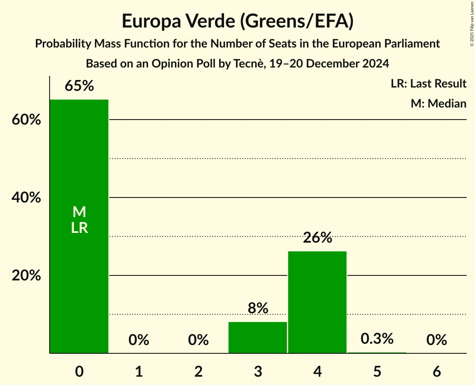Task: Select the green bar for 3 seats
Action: click(x=258, y=337)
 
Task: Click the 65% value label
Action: click(x=79, y=86)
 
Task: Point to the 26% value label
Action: click(x=317, y=238)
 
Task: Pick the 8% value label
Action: click(x=258, y=308)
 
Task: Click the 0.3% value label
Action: click(x=377, y=339)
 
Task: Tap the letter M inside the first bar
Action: click(x=79, y=212)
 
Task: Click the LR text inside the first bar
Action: click(x=79, y=228)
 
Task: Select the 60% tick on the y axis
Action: click(x=26, y=120)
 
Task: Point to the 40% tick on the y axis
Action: click(x=26, y=198)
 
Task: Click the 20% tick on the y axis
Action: click(x=26, y=276)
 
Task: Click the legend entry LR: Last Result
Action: click(x=428, y=84)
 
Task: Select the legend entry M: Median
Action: click(x=438, y=103)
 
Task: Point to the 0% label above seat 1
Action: click(x=139, y=340)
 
